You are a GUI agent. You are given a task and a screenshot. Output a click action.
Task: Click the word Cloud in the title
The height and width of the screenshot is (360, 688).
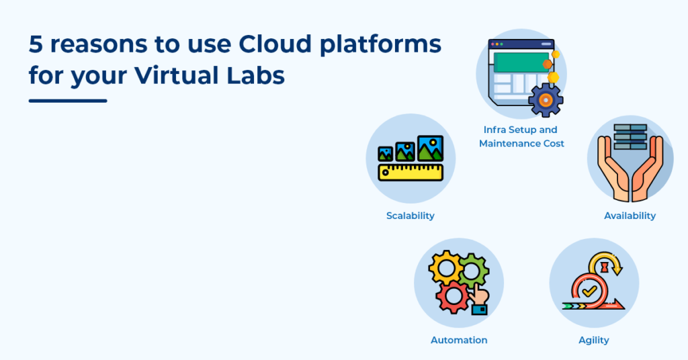point(275,44)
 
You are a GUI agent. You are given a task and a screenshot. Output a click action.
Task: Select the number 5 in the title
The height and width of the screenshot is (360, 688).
point(36,44)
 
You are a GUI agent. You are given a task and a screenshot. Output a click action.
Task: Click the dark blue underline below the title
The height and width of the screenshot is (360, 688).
point(68,101)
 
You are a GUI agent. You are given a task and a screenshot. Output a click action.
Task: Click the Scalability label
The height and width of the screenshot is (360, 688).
point(411,216)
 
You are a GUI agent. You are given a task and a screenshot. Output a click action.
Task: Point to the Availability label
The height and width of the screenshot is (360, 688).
point(630,216)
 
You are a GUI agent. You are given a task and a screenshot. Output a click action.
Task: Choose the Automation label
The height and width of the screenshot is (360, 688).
point(459,340)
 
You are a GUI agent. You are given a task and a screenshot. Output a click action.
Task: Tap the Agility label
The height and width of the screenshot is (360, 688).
point(594,341)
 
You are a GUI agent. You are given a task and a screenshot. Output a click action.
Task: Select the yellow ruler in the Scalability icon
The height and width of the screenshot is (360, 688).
point(411,173)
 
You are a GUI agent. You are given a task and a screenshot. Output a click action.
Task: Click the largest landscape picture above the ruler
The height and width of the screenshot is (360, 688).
point(430,148)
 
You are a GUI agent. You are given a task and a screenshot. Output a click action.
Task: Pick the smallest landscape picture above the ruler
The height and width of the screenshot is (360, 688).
point(385,154)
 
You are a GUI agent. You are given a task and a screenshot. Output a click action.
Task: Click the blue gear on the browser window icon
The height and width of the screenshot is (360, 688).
point(546,101)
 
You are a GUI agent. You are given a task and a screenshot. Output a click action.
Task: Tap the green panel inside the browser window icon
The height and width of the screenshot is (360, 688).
point(521,62)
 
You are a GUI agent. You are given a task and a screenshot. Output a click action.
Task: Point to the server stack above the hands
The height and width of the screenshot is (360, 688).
point(630,137)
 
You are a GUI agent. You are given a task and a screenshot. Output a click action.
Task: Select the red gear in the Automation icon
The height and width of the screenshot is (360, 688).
point(453,297)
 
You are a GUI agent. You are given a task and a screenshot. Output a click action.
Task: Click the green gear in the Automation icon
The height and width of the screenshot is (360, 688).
point(473,271)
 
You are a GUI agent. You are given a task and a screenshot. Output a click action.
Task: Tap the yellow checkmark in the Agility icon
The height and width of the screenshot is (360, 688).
point(589,291)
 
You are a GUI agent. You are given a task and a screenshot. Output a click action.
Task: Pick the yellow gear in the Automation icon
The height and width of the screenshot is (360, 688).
point(446,267)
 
